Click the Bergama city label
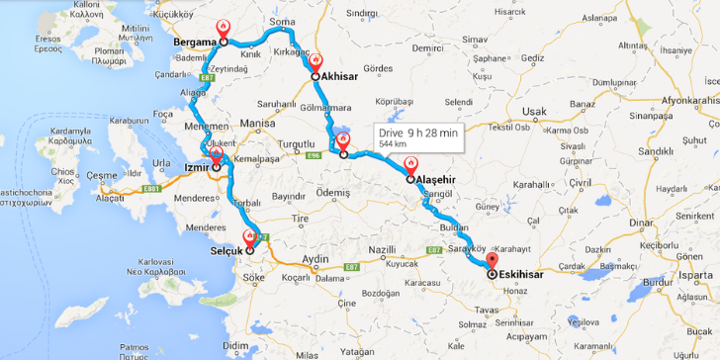(x=196, y=43)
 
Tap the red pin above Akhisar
(x=315, y=61)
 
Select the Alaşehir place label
(x=435, y=180)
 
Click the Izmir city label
(x=194, y=168)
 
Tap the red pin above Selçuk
(x=249, y=236)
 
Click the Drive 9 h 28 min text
(x=418, y=133)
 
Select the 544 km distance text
(x=394, y=145)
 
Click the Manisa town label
(x=255, y=124)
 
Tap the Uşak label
(x=533, y=112)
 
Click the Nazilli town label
(x=381, y=250)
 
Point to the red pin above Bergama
(x=224, y=27)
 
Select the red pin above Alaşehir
(x=409, y=165)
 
